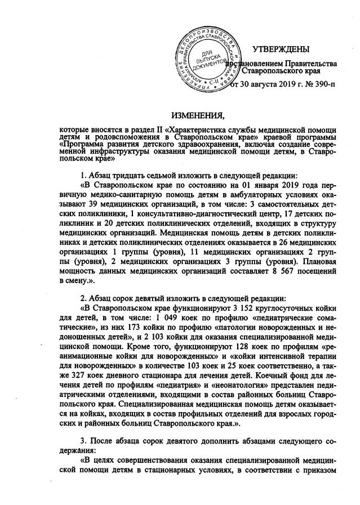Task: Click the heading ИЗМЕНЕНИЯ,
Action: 198,117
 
